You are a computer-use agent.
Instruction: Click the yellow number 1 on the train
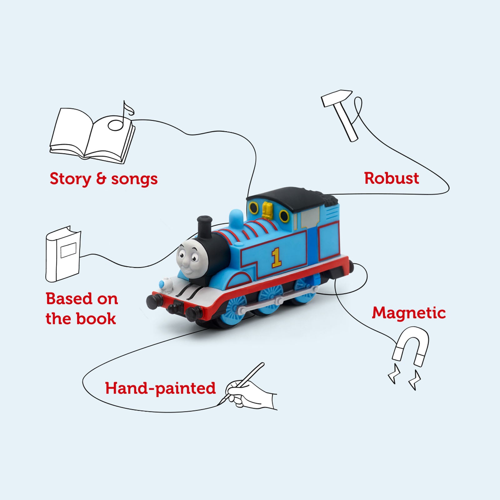276,258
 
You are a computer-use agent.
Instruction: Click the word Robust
391,178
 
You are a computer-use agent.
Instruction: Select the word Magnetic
409,313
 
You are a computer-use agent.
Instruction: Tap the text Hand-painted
160,388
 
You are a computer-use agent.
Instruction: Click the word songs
134,179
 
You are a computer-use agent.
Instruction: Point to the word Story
70,179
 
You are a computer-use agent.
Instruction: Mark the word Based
69,299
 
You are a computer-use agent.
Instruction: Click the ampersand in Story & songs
101,179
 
